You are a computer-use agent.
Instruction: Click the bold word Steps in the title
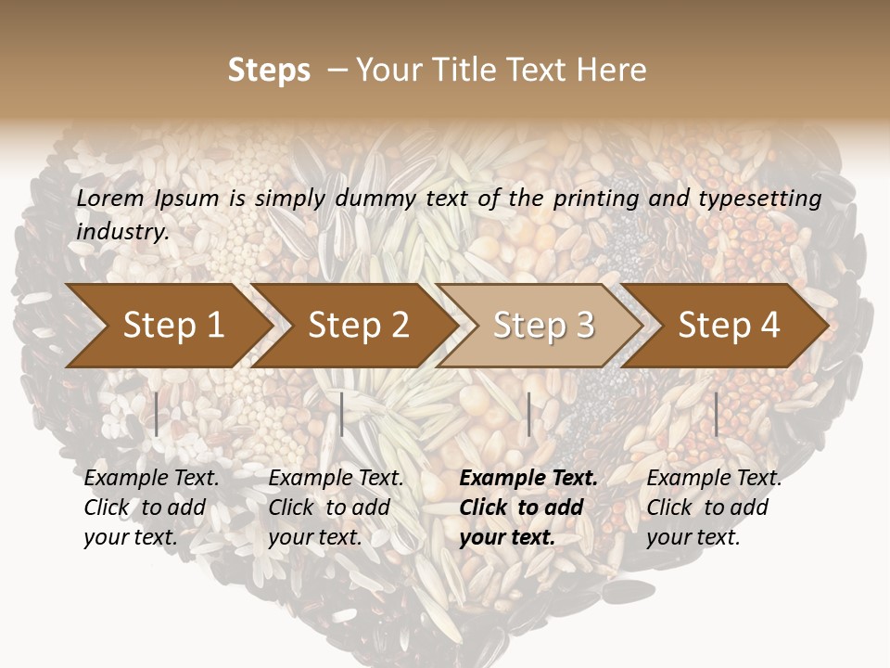click(x=269, y=71)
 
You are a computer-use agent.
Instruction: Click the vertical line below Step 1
click(x=157, y=414)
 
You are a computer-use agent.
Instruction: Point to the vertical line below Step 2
click(x=342, y=414)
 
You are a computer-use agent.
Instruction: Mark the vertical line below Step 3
click(x=528, y=414)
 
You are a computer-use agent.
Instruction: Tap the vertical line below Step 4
click(x=716, y=414)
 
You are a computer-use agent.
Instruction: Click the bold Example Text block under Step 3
click(x=528, y=507)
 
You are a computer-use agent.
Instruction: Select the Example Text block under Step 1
click(x=151, y=507)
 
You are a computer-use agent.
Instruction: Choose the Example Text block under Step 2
click(x=336, y=507)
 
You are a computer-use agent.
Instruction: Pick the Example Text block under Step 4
click(x=714, y=507)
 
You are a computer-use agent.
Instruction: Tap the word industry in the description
click(x=122, y=232)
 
